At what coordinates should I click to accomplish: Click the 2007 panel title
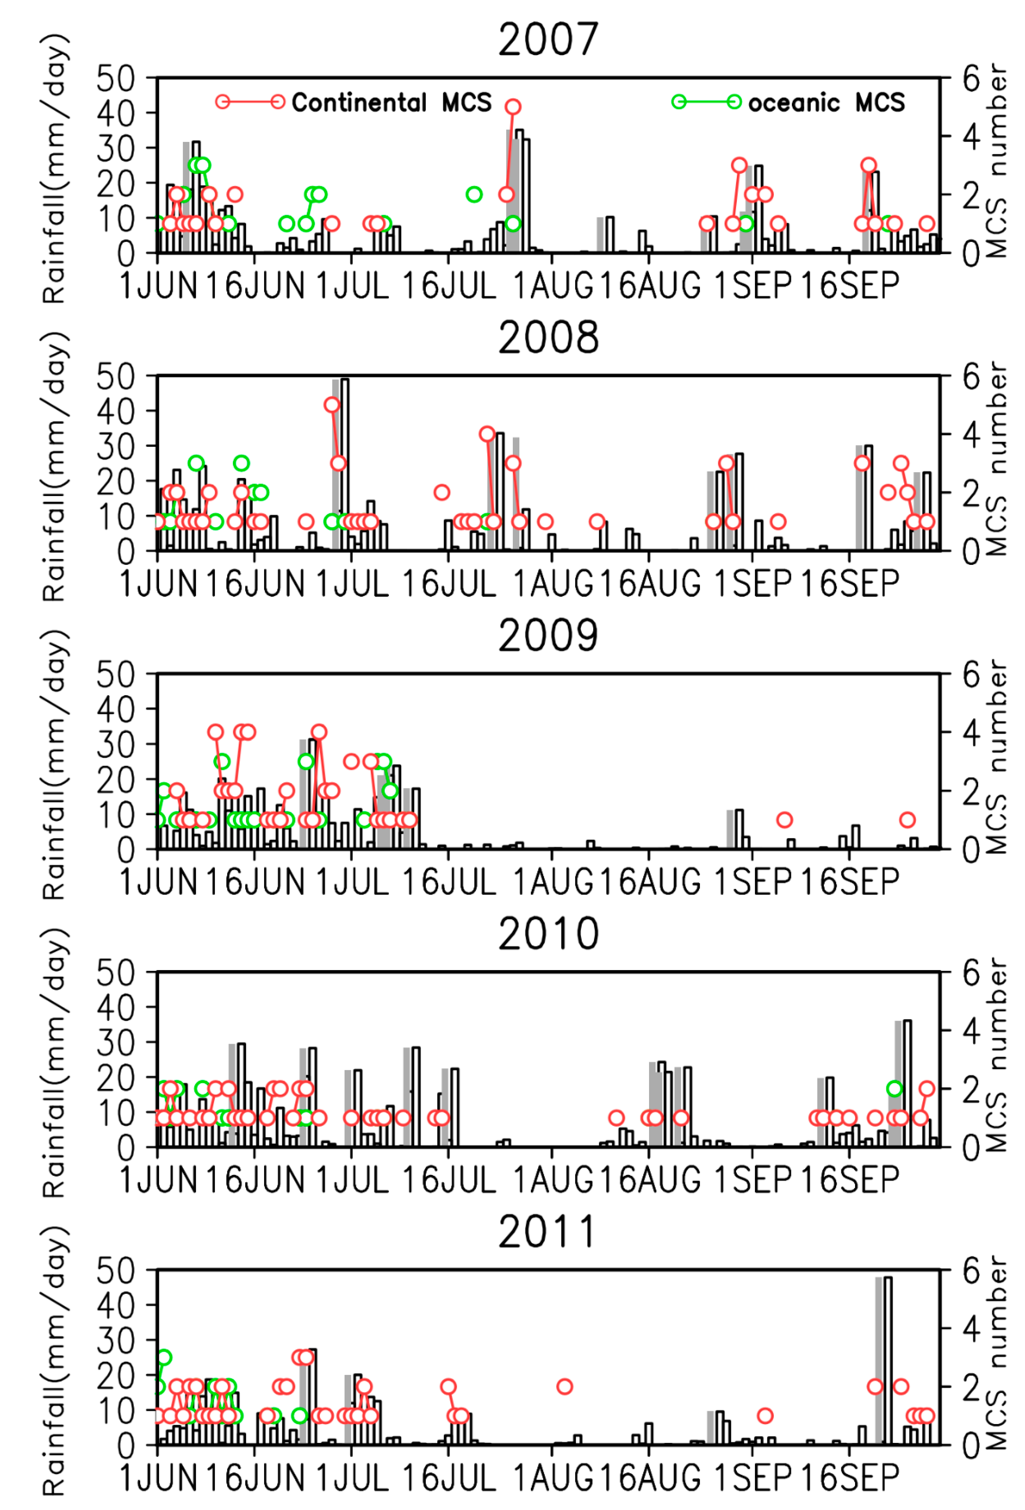[548, 39]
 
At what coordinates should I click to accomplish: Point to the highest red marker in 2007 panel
[513, 106]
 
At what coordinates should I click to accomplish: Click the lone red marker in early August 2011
[564, 1386]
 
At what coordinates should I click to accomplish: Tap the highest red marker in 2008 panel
[332, 405]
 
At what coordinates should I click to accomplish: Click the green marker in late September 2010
[894, 1088]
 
